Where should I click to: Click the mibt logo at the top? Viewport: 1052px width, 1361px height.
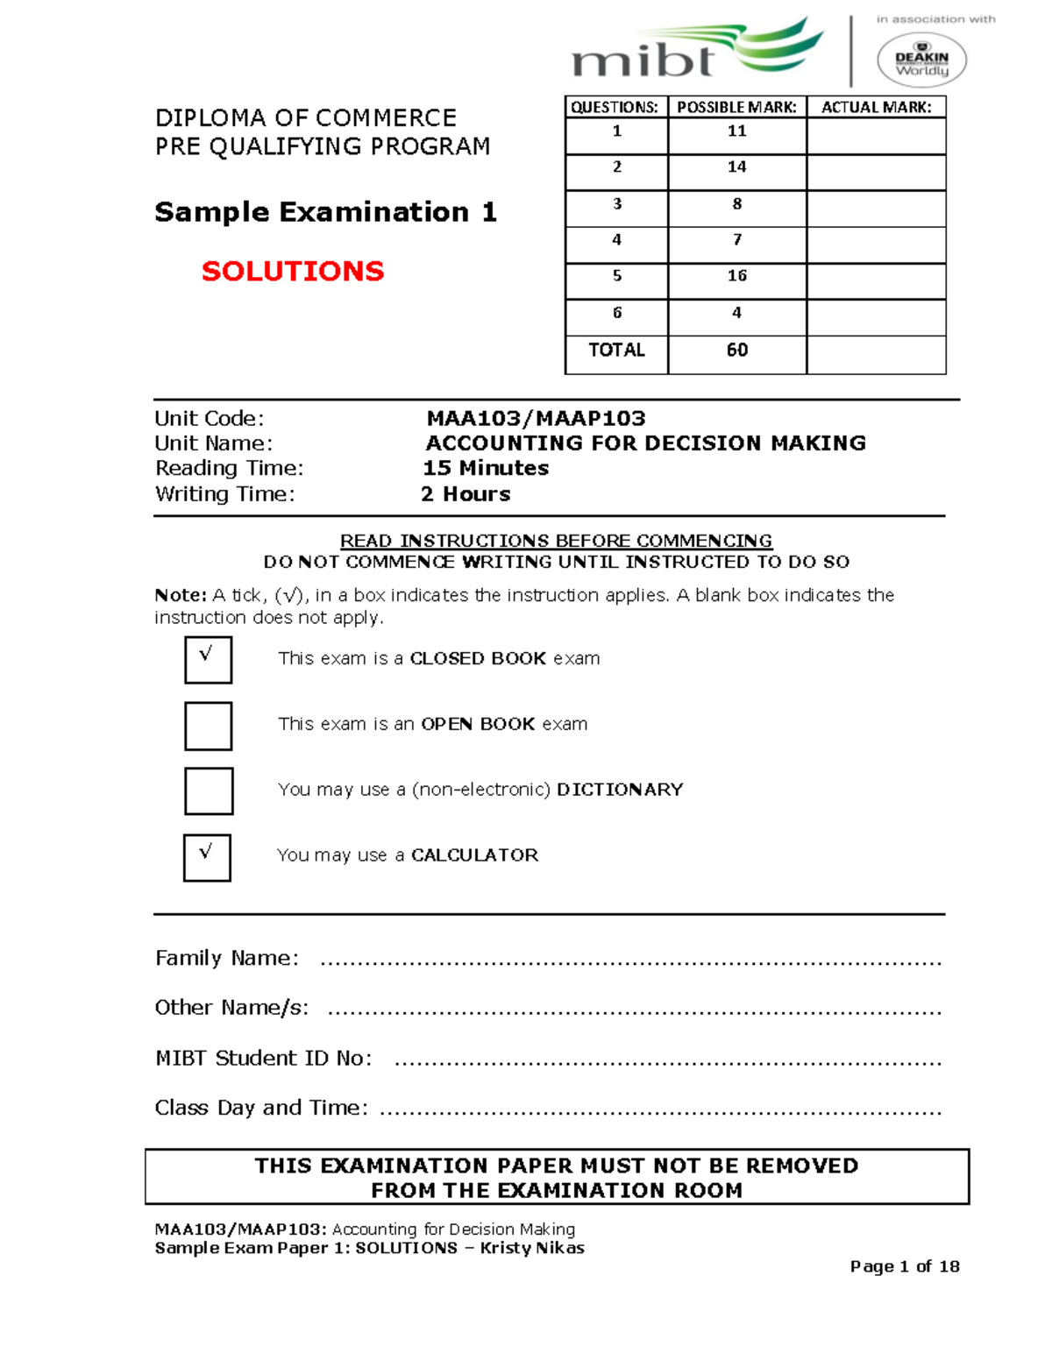pos(697,51)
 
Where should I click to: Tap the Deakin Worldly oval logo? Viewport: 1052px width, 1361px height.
pos(921,60)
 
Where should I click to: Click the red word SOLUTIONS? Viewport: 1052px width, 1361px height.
pos(293,271)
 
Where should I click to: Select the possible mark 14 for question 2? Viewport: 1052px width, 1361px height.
pos(736,167)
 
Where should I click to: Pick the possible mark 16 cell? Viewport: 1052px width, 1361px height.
pos(736,276)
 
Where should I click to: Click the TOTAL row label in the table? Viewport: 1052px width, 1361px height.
pos(616,350)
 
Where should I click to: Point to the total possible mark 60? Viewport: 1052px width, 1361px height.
pos(736,350)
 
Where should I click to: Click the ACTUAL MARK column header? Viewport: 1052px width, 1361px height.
pos(876,107)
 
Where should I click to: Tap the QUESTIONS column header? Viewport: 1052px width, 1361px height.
pos(615,107)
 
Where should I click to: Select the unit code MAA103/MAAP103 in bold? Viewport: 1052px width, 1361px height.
pos(536,419)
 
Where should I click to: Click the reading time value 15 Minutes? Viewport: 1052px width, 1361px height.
pos(486,468)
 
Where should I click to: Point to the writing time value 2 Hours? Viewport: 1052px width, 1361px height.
pos(466,494)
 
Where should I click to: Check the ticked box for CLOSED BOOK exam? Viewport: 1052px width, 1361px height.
pos(208,659)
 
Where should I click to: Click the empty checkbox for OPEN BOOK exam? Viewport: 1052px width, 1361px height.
pos(208,726)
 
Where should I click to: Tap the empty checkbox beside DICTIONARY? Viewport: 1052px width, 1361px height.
pos(208,790)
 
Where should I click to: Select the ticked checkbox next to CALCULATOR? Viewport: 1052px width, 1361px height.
pos(207,857)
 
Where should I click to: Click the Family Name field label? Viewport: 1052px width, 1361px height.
pos(226,958)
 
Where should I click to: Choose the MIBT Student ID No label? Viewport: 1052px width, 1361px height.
pos(263,1058)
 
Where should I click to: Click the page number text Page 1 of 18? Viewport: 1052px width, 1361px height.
pos(904,1266)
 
